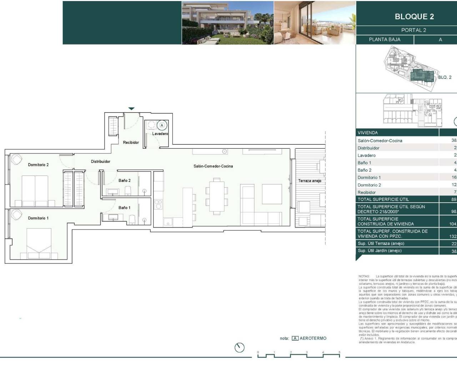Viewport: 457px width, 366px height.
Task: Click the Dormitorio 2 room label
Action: click(38, 165)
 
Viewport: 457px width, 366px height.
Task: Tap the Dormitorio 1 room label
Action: click(38, 218)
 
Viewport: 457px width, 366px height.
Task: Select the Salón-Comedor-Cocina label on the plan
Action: click(213, 166)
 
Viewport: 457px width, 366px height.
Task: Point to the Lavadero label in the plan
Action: click(160, 134)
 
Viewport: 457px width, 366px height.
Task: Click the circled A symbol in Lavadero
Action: click(162, 125)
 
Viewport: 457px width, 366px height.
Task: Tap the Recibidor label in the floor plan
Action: click(131, 143)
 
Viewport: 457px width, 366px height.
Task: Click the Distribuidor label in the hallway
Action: click(100, 162)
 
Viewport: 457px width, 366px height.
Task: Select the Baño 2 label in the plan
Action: click(125, 180)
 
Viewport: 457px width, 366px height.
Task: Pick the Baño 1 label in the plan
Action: click(125, 208)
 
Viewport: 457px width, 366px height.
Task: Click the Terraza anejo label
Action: click(310, 181)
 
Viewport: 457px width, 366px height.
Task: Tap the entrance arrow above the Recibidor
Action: click(131, 109)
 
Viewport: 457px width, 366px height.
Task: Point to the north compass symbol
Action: click(240, 347)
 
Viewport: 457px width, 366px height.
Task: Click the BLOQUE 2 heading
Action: click(414, 16)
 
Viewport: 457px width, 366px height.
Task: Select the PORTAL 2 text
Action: click(413, 30)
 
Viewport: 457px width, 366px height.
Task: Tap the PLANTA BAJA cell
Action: click(385, 40)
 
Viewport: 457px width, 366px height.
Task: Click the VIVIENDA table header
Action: click(368, 133)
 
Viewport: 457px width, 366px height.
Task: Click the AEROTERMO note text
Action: click(313, 338)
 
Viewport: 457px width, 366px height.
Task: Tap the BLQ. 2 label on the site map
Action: click(445, 77)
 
